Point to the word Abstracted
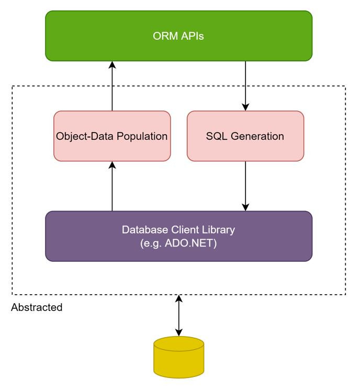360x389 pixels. click(x=37, y=307)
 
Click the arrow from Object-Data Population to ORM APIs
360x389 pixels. click(x=112, y=86)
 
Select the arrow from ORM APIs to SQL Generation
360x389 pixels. click(x=245, y=86)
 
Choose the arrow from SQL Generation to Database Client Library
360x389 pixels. click(x=245, y=186)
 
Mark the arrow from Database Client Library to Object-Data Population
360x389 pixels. click(x=112, y=186)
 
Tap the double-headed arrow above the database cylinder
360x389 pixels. click(x=179, y=315)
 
